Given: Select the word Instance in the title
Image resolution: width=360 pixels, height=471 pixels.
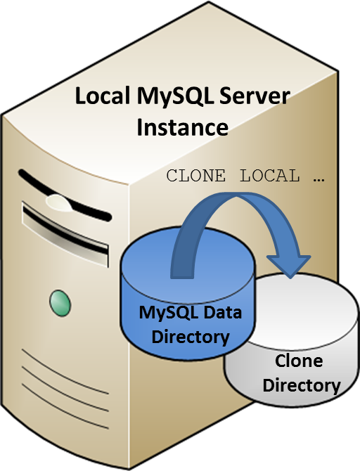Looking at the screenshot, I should (182, 128).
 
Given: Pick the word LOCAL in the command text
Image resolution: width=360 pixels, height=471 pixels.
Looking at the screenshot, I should (270, 176).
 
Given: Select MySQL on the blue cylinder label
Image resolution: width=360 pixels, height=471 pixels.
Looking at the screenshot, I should (168, 311).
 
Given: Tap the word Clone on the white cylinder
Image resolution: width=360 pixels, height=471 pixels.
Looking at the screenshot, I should (299, 361).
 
